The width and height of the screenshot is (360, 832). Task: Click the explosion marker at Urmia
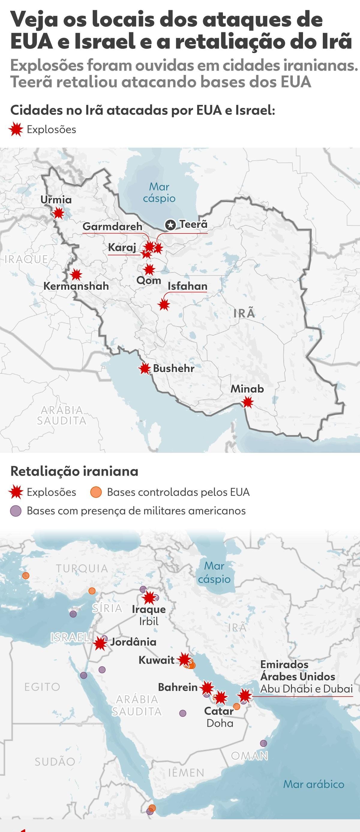[58, 213]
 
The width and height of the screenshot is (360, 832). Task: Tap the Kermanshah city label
[76, 286]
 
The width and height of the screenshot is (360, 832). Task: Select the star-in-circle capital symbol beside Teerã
[170, 224]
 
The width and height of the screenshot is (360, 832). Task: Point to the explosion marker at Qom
[149, 269]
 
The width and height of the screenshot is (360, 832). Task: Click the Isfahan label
[187, 286]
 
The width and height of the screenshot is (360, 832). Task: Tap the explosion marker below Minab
[247, 402]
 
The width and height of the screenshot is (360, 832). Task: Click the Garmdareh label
[112, 226]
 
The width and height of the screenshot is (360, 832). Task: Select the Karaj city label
[122, 247]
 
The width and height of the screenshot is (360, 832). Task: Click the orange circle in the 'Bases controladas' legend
[96, 492]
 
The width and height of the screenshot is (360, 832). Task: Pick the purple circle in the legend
[16, 511]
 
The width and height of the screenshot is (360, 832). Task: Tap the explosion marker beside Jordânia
[100, 643]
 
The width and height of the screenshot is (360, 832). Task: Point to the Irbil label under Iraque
[149, 621]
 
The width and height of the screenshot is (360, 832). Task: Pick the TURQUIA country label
[82, 569]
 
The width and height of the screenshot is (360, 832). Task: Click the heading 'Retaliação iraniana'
[74, 471]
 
